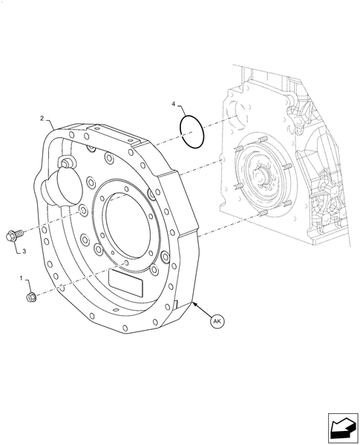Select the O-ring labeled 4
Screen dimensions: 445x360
[x=192, y=131]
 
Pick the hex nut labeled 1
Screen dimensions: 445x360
[x=31, y=297]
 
